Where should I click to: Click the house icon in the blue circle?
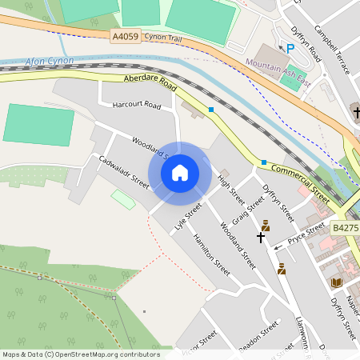180,173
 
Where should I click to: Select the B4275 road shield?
346,228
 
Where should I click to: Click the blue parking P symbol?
290,48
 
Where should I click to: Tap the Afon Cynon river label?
50,62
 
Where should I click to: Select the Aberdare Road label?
150,82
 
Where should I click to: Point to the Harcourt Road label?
137,105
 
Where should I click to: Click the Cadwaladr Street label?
124,171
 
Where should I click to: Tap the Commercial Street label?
300,182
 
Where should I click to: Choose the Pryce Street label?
307,233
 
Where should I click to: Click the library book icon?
335,282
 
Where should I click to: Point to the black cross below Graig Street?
260,238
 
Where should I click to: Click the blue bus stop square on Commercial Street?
263,162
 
